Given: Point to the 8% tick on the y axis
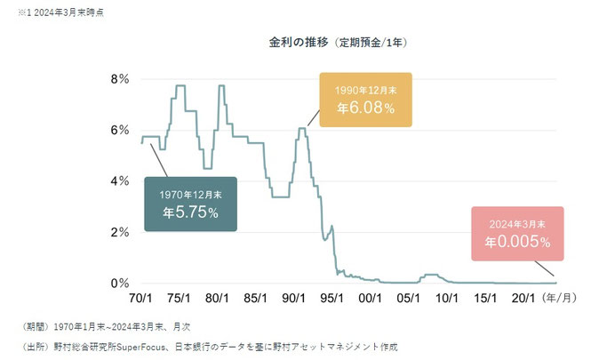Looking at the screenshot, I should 120,79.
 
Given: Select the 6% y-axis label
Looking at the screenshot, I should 120,130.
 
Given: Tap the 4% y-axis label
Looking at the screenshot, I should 120,181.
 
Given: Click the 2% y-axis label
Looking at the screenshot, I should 120,232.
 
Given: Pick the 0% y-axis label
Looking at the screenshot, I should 120,284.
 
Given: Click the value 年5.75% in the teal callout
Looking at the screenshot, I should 190,213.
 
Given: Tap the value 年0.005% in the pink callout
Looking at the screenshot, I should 518,241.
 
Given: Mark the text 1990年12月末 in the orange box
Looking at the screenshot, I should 366,91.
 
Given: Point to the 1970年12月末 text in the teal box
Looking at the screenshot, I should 190,195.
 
